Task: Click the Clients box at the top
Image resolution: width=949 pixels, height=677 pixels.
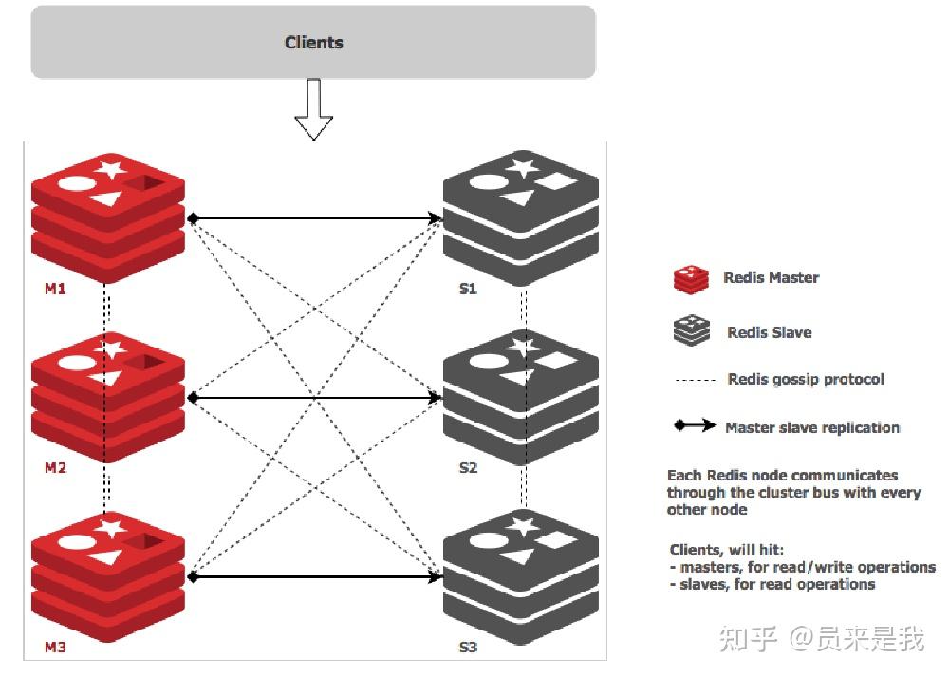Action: click(313, 43)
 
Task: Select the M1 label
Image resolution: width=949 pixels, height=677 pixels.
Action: click(55, 289)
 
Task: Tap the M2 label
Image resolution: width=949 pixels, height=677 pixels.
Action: click(55, 468)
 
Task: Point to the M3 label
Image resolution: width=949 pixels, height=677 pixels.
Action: click(55, 648)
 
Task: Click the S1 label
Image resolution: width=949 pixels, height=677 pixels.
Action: click(468, 289)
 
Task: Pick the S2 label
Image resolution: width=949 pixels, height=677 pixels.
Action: click(468, 468)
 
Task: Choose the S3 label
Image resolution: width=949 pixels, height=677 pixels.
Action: click(468, 648)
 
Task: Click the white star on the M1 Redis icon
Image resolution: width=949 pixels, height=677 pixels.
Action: click(111, 170)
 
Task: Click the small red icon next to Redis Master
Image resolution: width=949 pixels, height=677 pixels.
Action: click(691, 278)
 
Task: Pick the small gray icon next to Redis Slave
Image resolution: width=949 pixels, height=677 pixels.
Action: click(691, 331)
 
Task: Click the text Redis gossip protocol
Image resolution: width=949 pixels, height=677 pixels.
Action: click(806, 379)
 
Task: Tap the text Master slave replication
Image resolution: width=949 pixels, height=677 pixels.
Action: click(812, 427)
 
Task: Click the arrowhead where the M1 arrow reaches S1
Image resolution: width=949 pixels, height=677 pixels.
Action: click(437, 218)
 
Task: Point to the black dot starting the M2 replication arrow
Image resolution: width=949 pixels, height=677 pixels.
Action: click(193, 398)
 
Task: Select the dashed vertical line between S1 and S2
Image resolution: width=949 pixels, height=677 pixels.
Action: click(523, 310)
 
